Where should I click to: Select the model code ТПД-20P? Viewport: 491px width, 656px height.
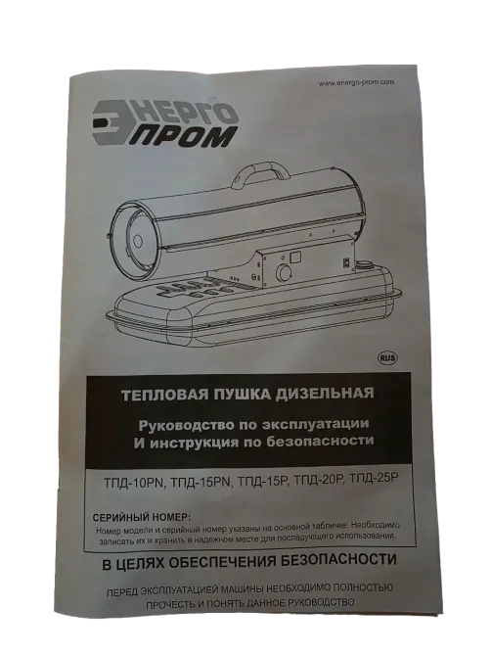pyautogui.click(x=320, y=480)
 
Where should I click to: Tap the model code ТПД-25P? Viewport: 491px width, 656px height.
pyautogui.click(x=375, y=479)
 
